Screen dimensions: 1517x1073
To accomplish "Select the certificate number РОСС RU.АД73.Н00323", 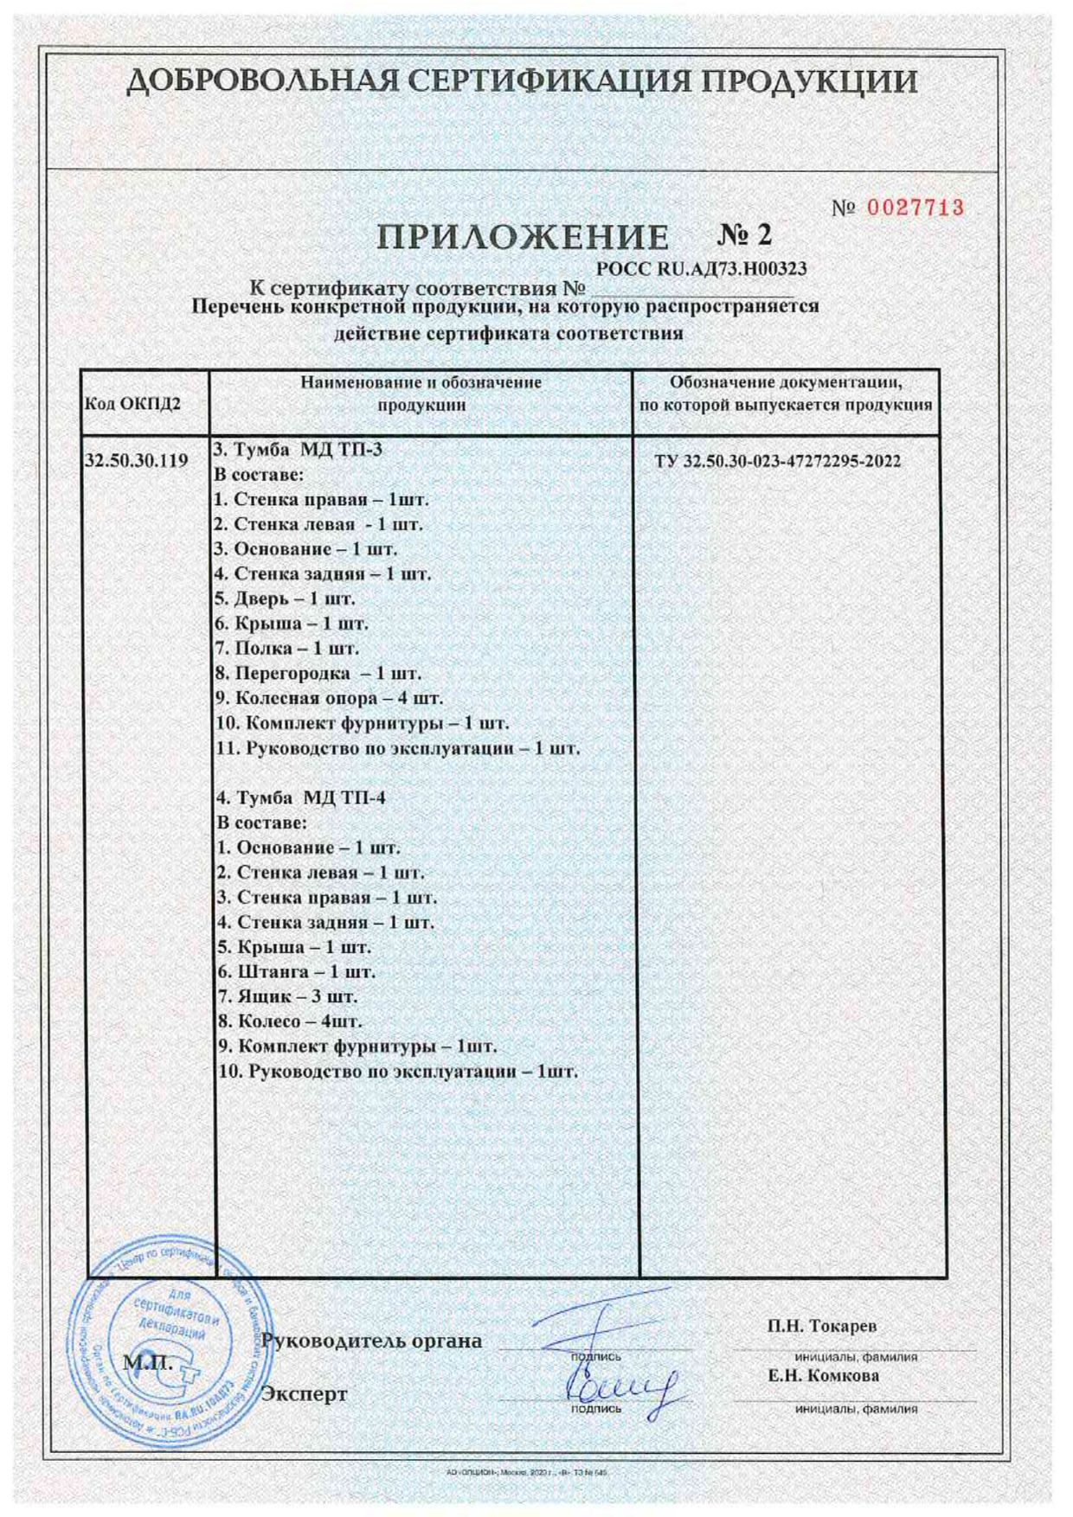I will [702, 269].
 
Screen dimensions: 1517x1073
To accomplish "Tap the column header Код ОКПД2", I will [132, 404].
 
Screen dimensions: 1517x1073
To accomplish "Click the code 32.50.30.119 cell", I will [138, 461].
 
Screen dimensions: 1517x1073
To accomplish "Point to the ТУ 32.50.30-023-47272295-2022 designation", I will [777, 461].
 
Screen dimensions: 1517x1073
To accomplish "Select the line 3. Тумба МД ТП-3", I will [297, 450].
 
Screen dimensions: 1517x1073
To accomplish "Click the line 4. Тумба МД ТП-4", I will [299, 797].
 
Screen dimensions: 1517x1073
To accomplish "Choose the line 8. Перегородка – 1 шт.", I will [318, 673].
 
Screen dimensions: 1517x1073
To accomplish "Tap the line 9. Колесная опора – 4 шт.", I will [328, 698].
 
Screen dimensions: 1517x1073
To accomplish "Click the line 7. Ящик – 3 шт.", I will [286, 996].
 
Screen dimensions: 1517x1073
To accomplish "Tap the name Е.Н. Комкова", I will [824, 1375].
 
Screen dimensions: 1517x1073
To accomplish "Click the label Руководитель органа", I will [371, 1341].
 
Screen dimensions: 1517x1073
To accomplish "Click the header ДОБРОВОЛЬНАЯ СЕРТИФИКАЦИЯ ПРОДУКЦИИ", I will [522, 83].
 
